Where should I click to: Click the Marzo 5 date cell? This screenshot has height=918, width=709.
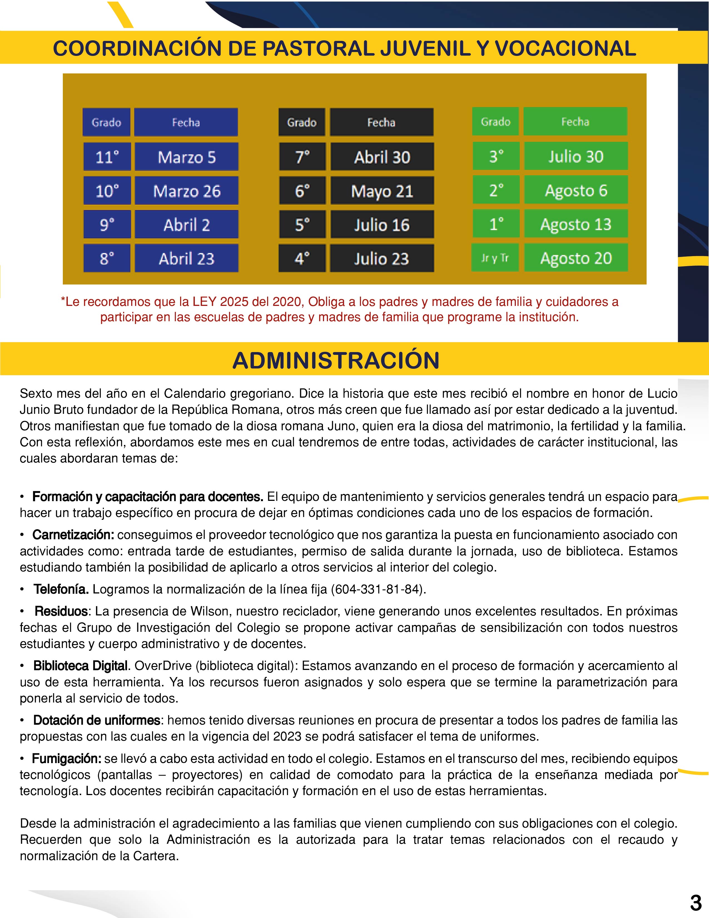(x=186, y=157)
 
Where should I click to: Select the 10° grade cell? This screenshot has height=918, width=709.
(x=107, y=191)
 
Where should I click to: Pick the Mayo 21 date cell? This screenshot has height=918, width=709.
(x=382, y=191)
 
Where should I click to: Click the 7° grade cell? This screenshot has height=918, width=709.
(x=302, y=157)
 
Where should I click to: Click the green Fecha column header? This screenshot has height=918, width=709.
(x=575, y=122)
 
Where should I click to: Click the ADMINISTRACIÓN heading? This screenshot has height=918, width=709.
(x=336, y=360)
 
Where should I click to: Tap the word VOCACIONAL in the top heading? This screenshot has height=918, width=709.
(x=565, y=48)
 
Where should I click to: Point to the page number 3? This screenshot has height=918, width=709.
(x=696, y=902)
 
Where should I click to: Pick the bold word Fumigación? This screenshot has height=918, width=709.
(x=66, y=758)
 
